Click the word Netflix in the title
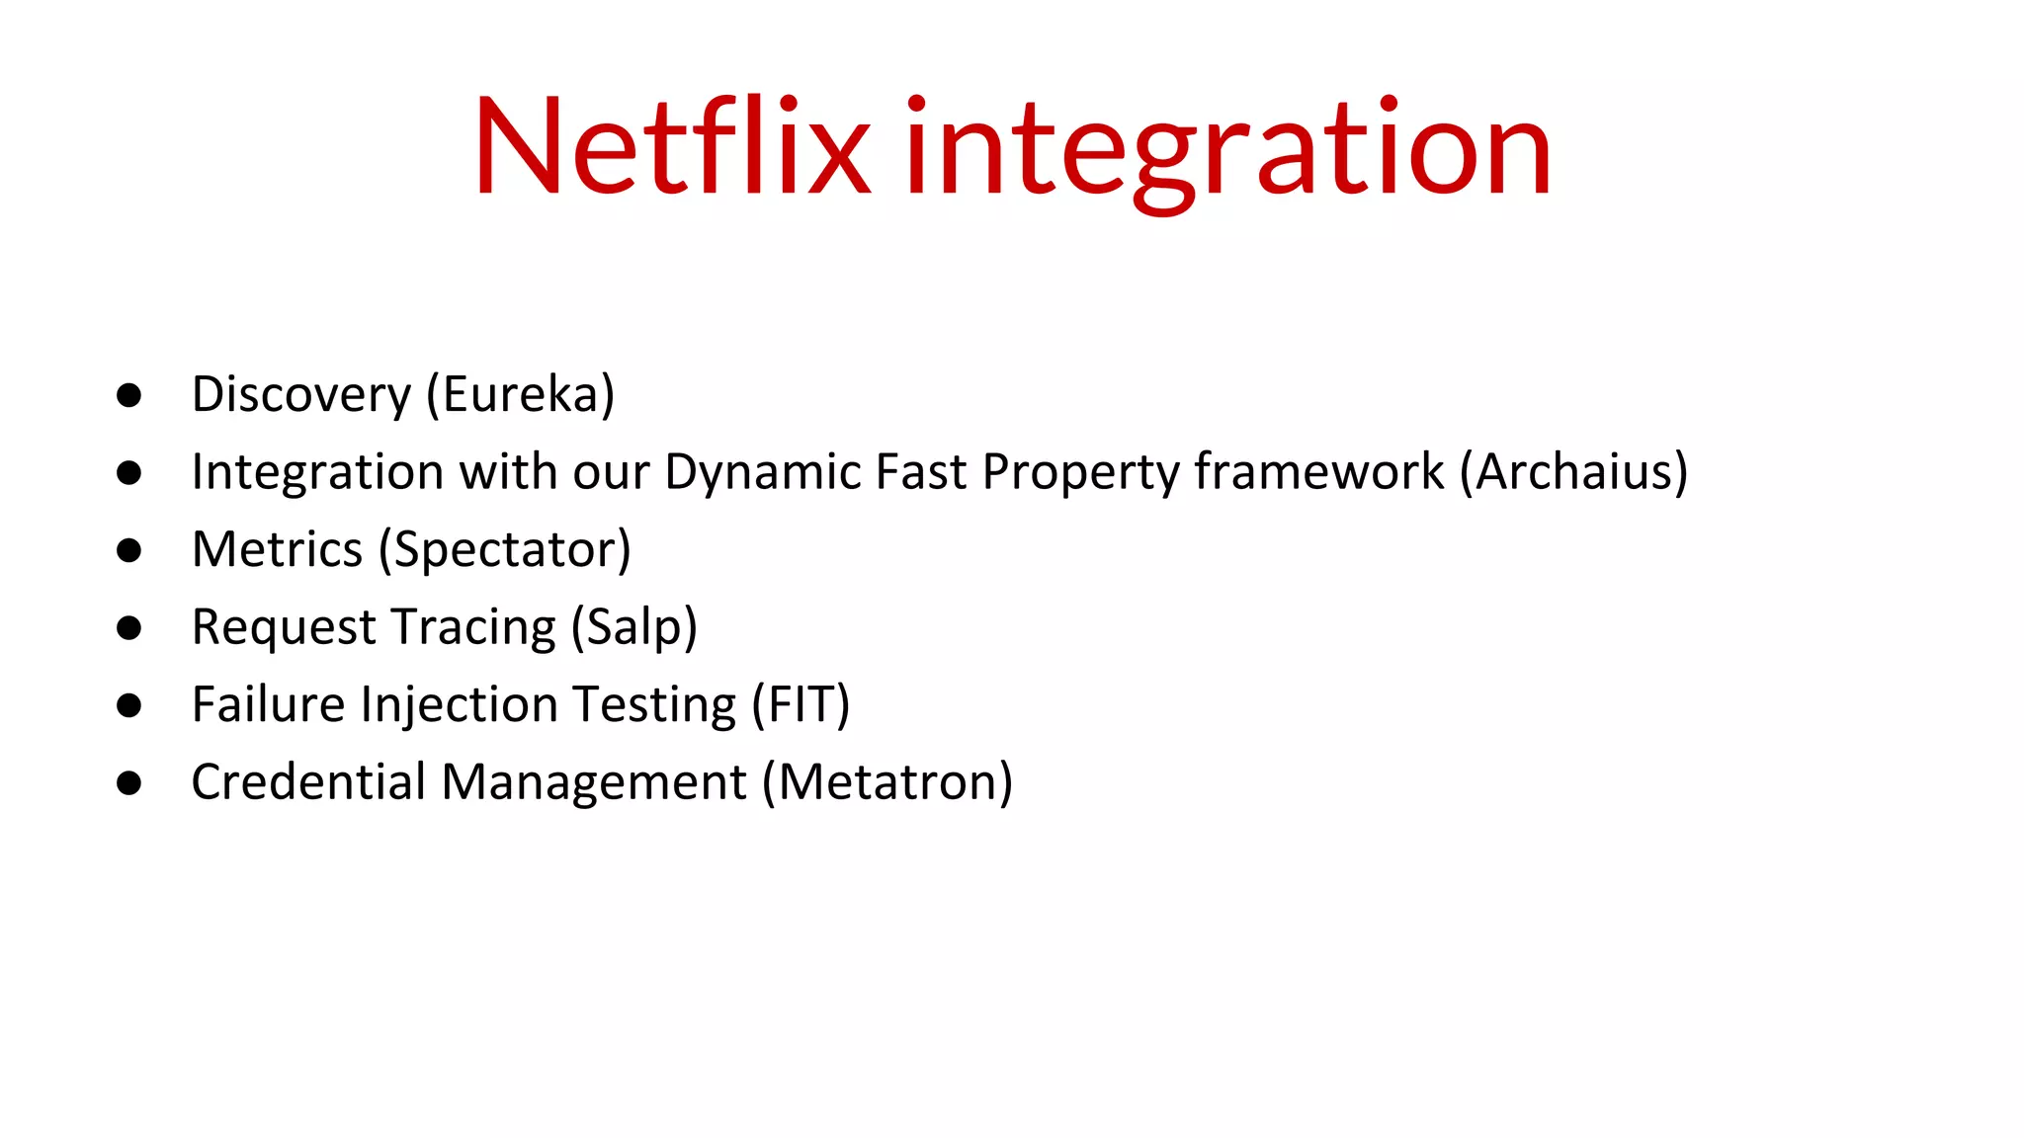click(x=672, y=148)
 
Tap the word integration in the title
click(x=1227, y=148)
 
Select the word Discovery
click(x=300, y=395)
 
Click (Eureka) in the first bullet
click(x=521, y=395)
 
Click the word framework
click(x=1318, y=472)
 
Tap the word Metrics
click(x=278, y=549)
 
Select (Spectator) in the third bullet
click(x=505, y=550)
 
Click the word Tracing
click(x=472, y=627)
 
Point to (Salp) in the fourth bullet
click(x=634, y=627)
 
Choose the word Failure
click(x=268, y=704)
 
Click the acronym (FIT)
click(x=801, y=704)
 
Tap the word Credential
click(x=308, y=782)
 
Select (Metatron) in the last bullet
click(x=887, y=782)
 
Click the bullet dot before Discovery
click(x=128, y=395)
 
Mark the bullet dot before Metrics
click(x=128, y=550)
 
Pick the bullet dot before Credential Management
click(x=128, y=783)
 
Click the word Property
click(x=1080, y=472)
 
